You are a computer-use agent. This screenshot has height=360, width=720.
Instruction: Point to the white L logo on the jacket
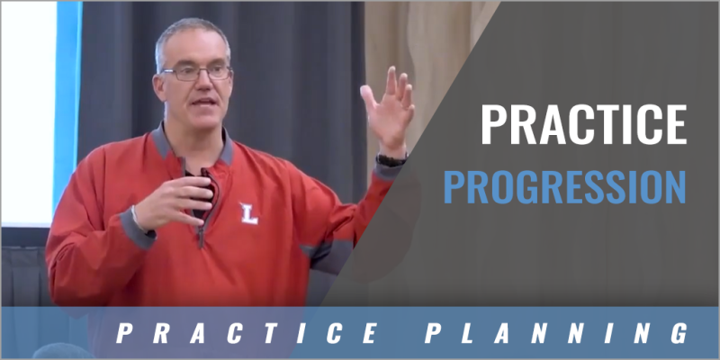pyautogui.click(x=247, y=212)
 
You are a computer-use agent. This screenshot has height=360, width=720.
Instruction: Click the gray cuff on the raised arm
pyautogui.click(x=390, y=169)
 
